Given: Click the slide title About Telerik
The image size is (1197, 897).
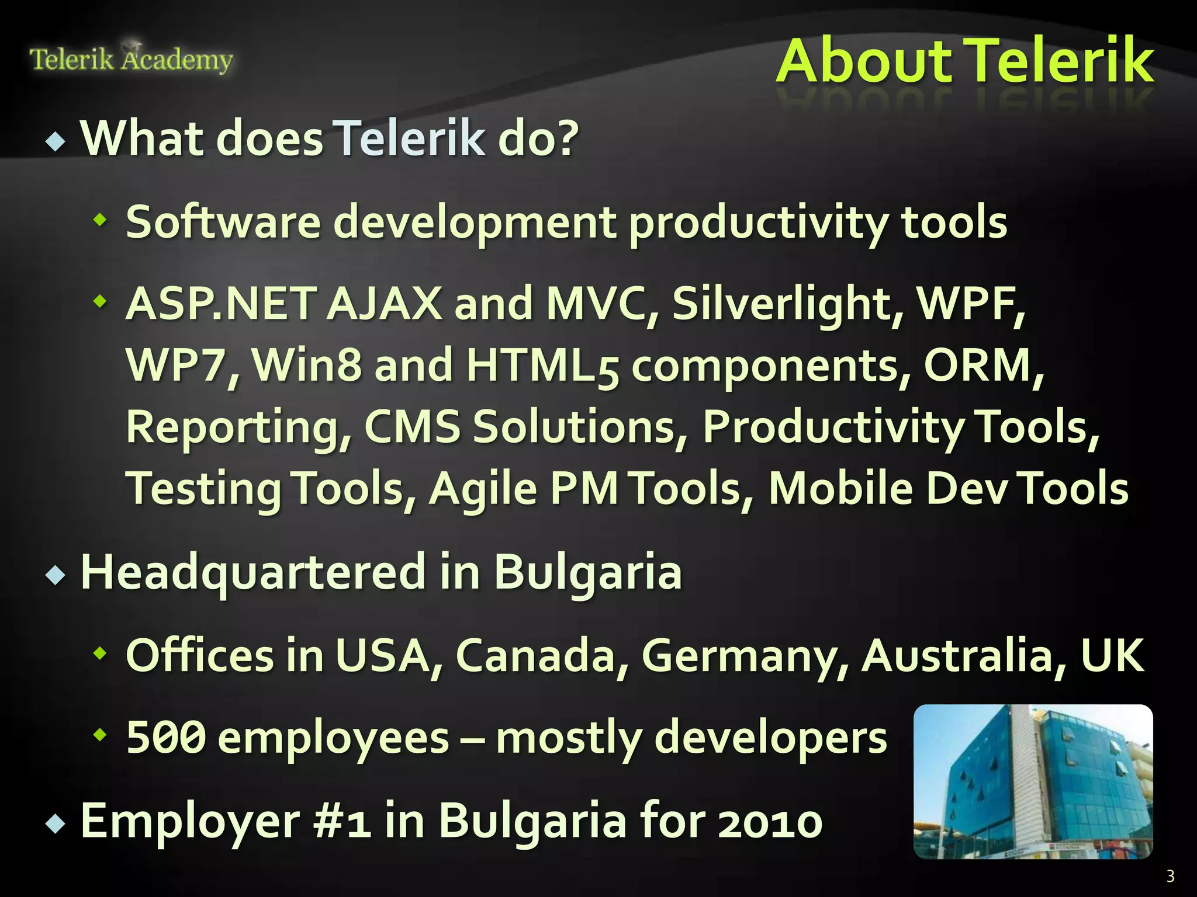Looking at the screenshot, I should [x=964, y=61].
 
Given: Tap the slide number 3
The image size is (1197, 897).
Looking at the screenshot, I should [x=1170, y=876].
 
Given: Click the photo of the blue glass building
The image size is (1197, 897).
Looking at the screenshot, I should [x=1033, y=781].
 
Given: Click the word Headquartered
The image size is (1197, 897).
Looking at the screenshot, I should [x=253, y=572].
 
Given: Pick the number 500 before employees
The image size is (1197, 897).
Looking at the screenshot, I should [x=166, y=737].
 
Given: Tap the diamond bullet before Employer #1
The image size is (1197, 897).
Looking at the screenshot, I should [x=56, y=824].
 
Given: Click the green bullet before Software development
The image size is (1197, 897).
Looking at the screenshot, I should [x=101, y=220].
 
